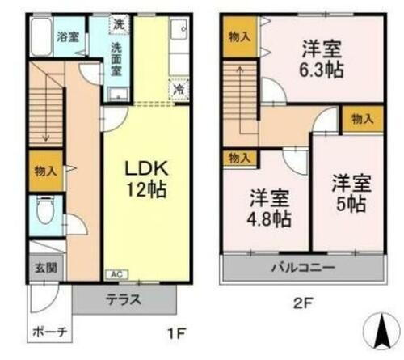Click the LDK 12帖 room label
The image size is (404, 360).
pos(146,180)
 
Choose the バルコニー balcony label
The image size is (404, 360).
pos(305,266)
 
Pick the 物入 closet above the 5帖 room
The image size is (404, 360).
pos(362,119)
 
